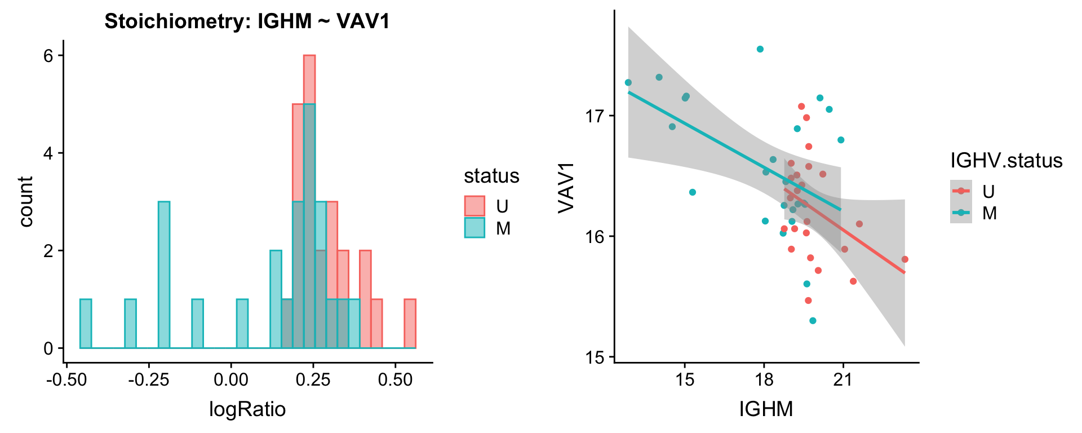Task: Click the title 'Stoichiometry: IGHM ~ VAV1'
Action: click(x=247, y=21)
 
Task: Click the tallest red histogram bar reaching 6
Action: click(x=309, y=79)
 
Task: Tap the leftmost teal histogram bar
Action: click(x=86, y=324)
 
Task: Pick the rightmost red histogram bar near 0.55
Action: click(x=410, y=324)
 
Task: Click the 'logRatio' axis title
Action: click(x=247, y=409)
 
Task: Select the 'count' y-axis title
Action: click(x=26, y=201)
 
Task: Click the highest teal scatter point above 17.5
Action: click(x=760, y=49)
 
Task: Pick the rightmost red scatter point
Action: click(x=904, y=259)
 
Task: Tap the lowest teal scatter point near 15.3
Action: click(x=813, y=321)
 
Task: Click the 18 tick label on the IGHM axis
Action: click(x=764, y=379)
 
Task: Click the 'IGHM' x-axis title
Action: click(x=766, y=409)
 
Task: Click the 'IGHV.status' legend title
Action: click(x=1006, y=161)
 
